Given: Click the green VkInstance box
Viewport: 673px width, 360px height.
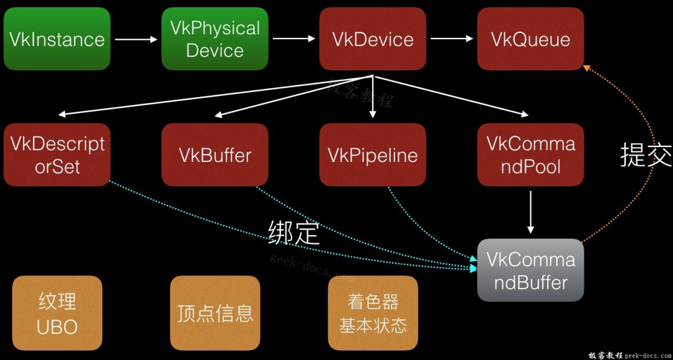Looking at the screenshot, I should [x=57, y=39].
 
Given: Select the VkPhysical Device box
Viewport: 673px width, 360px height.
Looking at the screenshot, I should [x=215, y=39].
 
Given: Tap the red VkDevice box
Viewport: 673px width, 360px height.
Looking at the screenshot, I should [x=373, y=39].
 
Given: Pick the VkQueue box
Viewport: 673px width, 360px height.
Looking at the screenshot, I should [x=530, y=39].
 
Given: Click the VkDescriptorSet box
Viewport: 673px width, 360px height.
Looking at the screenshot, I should [x=57, y=154].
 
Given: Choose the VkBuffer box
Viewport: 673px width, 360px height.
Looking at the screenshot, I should [x=215, y=154].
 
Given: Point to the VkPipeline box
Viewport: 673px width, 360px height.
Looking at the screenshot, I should [x=373, y=154].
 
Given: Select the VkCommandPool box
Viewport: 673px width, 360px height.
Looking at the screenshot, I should [x=530, y=154].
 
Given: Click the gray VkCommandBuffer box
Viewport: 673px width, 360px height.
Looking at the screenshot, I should [x=530, y=270].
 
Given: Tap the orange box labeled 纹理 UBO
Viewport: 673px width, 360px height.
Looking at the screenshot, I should [x=57, y=313].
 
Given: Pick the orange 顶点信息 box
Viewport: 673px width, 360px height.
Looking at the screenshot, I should [x=215, y=313].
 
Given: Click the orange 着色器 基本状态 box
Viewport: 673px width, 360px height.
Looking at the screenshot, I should [x=373, y=313].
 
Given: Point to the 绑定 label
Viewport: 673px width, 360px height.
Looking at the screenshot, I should [x=294, y=232].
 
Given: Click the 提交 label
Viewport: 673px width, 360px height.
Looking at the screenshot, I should [x=646, y=155].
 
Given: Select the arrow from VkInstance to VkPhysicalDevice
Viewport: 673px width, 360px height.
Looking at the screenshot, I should [x=136, y=39].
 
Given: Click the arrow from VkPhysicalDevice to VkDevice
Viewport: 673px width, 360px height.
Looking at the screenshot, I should [x=294, y=39].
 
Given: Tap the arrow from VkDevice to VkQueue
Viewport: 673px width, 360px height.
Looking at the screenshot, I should [x=452, y=39].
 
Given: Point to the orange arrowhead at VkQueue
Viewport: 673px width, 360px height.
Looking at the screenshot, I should [x=586, y=67].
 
